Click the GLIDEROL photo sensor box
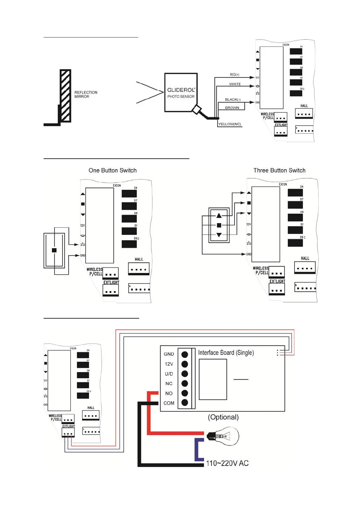pos(181,92)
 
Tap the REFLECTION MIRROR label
pos(86,94)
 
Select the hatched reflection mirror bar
pos(65,96)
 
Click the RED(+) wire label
pos(234,75)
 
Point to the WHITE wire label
pos(235,84)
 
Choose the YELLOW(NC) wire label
pos(230,124)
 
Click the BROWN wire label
pos(232,108)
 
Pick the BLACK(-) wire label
pos(232,99)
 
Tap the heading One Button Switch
pos(113,170)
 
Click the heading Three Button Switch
pos(279,170)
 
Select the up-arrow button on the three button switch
pos(219,216)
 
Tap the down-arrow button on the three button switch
pos(219,235)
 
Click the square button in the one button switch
pos(54,250)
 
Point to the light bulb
pos(224,436)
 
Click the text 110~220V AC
pos(227,463)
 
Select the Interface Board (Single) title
pos(226,353)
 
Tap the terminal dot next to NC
pos(185,383)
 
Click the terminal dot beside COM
pos(185,403)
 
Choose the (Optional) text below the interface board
pos(223,417)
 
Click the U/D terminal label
pos(169,374)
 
